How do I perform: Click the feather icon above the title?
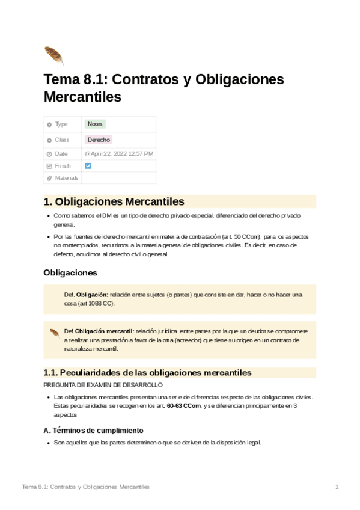pos(53,55)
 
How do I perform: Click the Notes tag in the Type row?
pos(94,124)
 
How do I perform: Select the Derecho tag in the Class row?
pos(99,140)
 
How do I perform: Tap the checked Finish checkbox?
pos(88,165)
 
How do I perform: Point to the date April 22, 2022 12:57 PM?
pos(119,153)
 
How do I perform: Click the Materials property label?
pos(66,178)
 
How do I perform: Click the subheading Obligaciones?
pos(70,272)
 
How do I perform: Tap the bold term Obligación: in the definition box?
pos(92,295)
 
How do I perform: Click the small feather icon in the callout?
pos(54,332)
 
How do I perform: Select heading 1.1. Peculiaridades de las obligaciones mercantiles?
pos(147,372)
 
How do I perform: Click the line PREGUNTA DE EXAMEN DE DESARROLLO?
pos(103,385)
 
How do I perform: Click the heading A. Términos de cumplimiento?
pos(93,431)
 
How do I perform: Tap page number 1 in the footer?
pos(337,486)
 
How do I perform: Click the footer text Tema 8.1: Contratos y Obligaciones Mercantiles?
pos(85,486)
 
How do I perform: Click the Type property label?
pos(61,124)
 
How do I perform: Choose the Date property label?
pos(61,153)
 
